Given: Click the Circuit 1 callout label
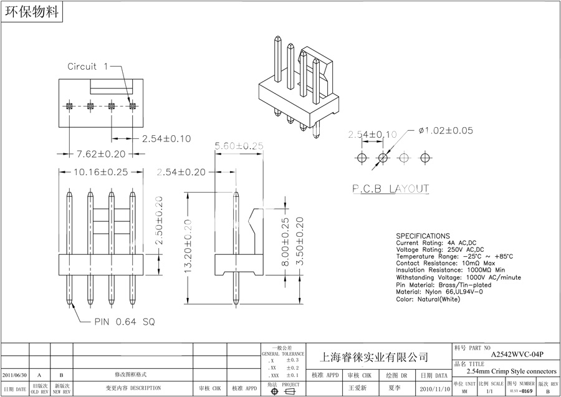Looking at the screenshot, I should tap(88, 66).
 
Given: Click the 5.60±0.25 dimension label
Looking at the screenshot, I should tap(239, 145).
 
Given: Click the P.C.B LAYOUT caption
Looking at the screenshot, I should tap(391, 188).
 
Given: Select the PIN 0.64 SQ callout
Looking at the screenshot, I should tap(125, 322).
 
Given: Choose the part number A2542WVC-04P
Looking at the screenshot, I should tap(517, 354).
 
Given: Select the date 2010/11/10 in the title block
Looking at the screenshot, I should tap(434, 388).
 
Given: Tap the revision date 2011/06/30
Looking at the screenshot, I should tap(15, 375).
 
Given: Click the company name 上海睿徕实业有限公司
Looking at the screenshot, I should tap(374, 357).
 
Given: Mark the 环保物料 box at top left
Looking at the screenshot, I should tap(31, 12).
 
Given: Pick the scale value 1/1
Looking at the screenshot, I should tap(489, 391).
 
